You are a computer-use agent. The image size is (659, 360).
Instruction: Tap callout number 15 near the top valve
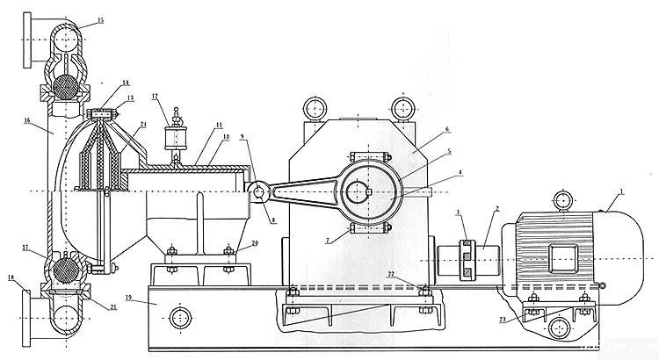[x=99, y=19]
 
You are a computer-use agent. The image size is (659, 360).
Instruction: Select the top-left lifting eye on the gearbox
[x=313, y=109]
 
